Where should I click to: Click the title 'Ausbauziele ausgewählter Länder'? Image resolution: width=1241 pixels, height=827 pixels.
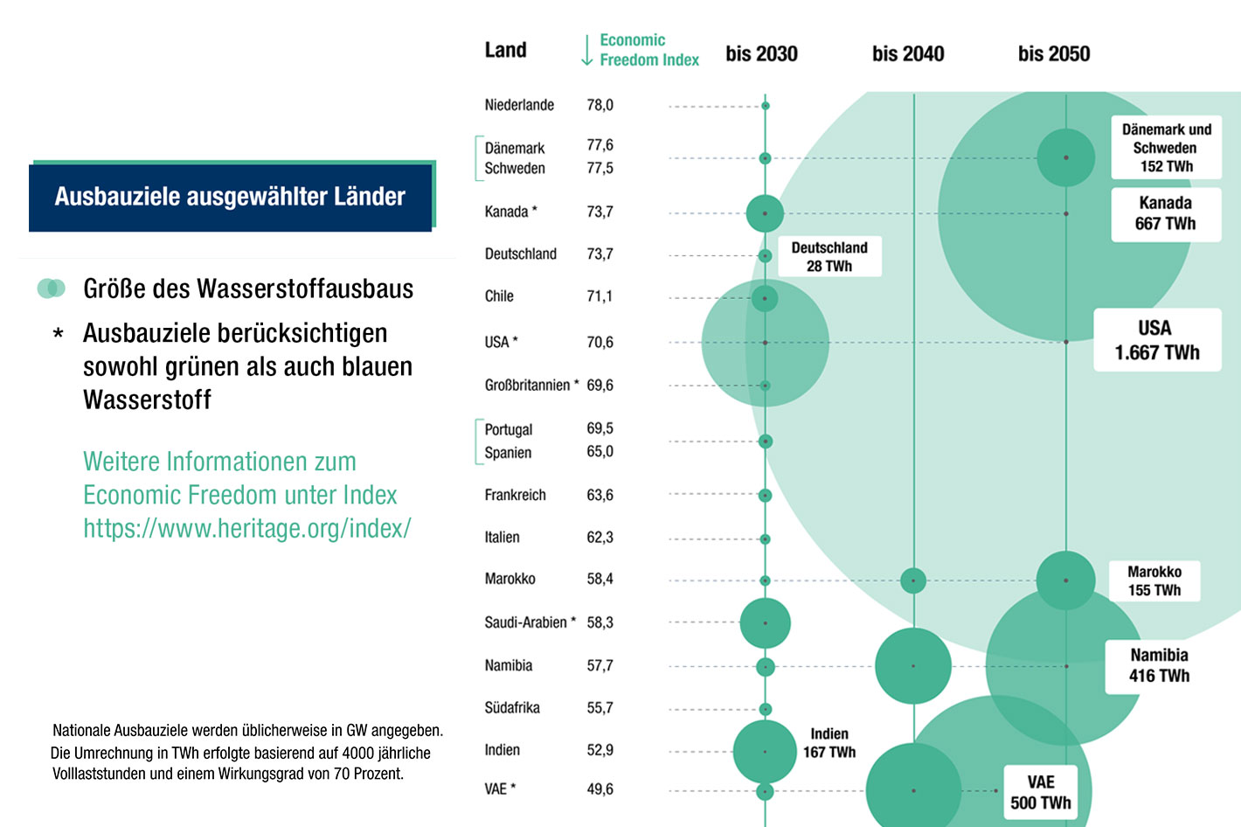pyautogui.click(x=230, y=197)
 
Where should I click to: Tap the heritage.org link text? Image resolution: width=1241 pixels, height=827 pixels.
pyautogui.click(x=246, y=528)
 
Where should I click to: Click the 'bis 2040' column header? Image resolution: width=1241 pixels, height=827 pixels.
pyautogui.click(x=908, y=54)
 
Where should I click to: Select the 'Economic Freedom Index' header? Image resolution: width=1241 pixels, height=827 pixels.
pyautogui.click(x=648, y=50)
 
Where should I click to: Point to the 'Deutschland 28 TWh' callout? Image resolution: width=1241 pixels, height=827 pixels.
pyautogui.click(x=829, y=257)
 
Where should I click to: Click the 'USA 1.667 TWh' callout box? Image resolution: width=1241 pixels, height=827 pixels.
pyautogui.click(x=1157, y=340)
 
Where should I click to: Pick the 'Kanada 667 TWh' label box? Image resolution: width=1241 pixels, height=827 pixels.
pyautogui.click(x=1165, y=213)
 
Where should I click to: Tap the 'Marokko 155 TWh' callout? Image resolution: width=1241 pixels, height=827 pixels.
pyautogui.click(x=1154, y=581)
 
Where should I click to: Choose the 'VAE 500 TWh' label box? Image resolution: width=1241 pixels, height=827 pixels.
pyautogui.click(x=1040, y=792)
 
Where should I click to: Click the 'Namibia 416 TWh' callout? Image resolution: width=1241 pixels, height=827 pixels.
pyautogui.click(x=1159, y=665)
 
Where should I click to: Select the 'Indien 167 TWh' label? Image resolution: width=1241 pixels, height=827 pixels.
pyautogui.click(x=829, y=743)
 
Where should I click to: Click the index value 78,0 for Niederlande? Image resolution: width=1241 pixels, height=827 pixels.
pyautogui.click(x=600, y=105)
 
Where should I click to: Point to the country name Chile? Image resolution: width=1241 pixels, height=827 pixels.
pyautogui.click(x=499, y=296)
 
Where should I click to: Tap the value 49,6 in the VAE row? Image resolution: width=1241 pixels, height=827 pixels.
pyautogui.click(x=600, y=789)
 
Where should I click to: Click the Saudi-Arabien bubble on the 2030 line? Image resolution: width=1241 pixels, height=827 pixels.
pyautogui.click(x=765, y=623)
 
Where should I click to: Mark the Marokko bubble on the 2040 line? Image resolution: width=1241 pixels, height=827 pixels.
pyautogui.click(x=913, y=580)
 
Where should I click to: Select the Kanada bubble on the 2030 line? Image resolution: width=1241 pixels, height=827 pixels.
pyautogui.click(x=765, y=213)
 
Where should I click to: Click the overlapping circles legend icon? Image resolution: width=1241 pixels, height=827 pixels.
pyautogui.click(x=52, y=288)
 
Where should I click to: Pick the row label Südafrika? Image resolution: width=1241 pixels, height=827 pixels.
pyautogui.click(x=512, y=708)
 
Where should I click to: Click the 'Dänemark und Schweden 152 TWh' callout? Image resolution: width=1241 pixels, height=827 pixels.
pyautogui.click(x=1166, y=148)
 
